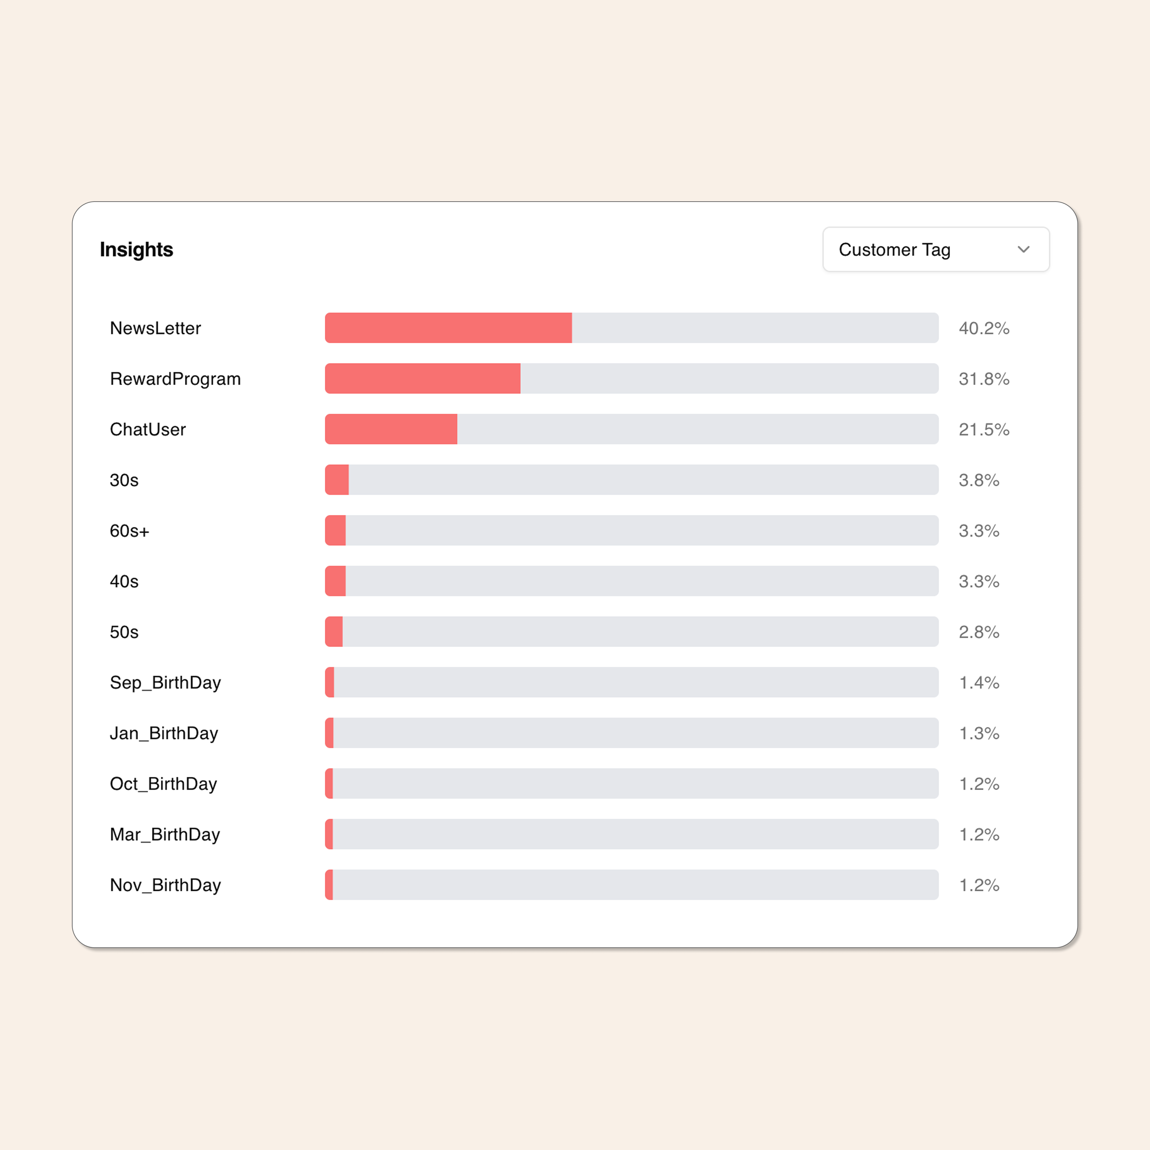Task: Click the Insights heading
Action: point(136,249)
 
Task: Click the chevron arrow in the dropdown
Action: point(1023,249)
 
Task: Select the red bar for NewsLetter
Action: point(448,328)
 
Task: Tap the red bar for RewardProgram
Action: point(423,378)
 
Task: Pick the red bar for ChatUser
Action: point(391,429)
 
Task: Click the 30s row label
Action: point(124,480)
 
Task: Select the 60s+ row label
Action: point(129,530)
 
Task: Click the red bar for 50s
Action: point(334,631)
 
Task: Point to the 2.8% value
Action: point(979,631)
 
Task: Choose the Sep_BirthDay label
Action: point(165,682)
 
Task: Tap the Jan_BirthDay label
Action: point(164,733)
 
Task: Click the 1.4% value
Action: point(979,682)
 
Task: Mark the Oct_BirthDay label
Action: point(163,783)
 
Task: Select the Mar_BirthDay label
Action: point(165,834)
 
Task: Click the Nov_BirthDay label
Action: point(165,884)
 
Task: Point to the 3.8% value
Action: point(979,480)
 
